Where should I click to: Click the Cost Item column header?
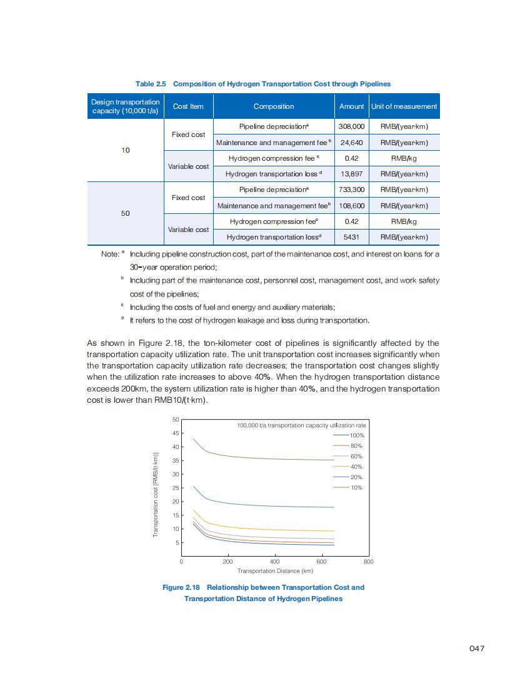(188, 106)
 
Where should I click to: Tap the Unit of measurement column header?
(404, 106)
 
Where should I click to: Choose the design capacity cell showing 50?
(125, 213)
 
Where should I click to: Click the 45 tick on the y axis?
(176, 433)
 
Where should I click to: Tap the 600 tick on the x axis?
(321, 562)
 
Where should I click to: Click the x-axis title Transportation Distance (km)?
(275, 571)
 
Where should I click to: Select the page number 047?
(477, 649)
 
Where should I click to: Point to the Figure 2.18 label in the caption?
(181, 587)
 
